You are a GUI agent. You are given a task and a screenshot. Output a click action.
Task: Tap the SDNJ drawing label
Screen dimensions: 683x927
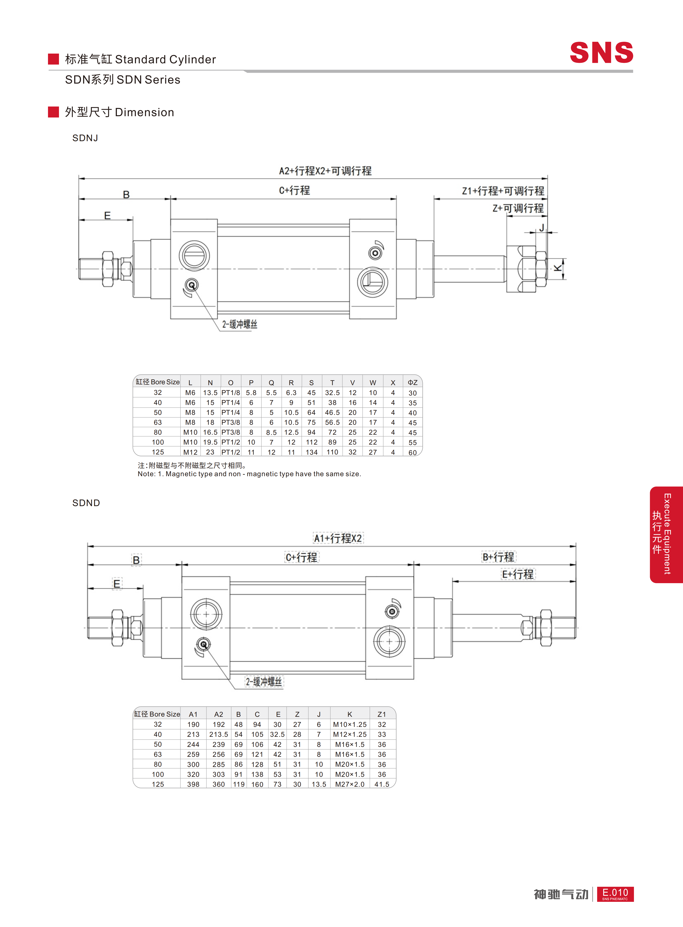tap(85, 138)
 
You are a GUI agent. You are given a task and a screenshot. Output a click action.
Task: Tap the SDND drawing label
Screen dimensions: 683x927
tap(86, 503)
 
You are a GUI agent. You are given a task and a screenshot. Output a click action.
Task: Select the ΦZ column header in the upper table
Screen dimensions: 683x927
tap(413, 382)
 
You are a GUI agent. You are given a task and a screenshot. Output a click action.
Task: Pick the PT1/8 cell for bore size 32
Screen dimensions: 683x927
tap(231, 393)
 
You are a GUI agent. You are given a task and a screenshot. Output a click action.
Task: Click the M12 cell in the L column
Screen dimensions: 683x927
tap(190, 452)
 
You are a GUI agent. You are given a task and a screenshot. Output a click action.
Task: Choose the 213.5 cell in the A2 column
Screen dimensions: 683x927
tap(219, 734)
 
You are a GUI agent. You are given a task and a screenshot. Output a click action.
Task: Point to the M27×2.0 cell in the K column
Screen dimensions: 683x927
tap(350, 784)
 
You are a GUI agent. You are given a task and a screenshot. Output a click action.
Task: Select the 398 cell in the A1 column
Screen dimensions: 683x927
tap(193, 784)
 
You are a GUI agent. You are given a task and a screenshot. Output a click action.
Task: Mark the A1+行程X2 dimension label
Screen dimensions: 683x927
tap(338, 538)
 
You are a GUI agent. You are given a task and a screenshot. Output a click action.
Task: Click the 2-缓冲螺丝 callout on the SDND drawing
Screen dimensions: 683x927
tap(264, 681)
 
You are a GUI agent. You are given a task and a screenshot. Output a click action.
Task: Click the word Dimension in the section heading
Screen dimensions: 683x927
tap(144, 113)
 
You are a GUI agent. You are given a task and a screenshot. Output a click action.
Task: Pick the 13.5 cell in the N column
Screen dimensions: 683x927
tap(210, 393)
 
